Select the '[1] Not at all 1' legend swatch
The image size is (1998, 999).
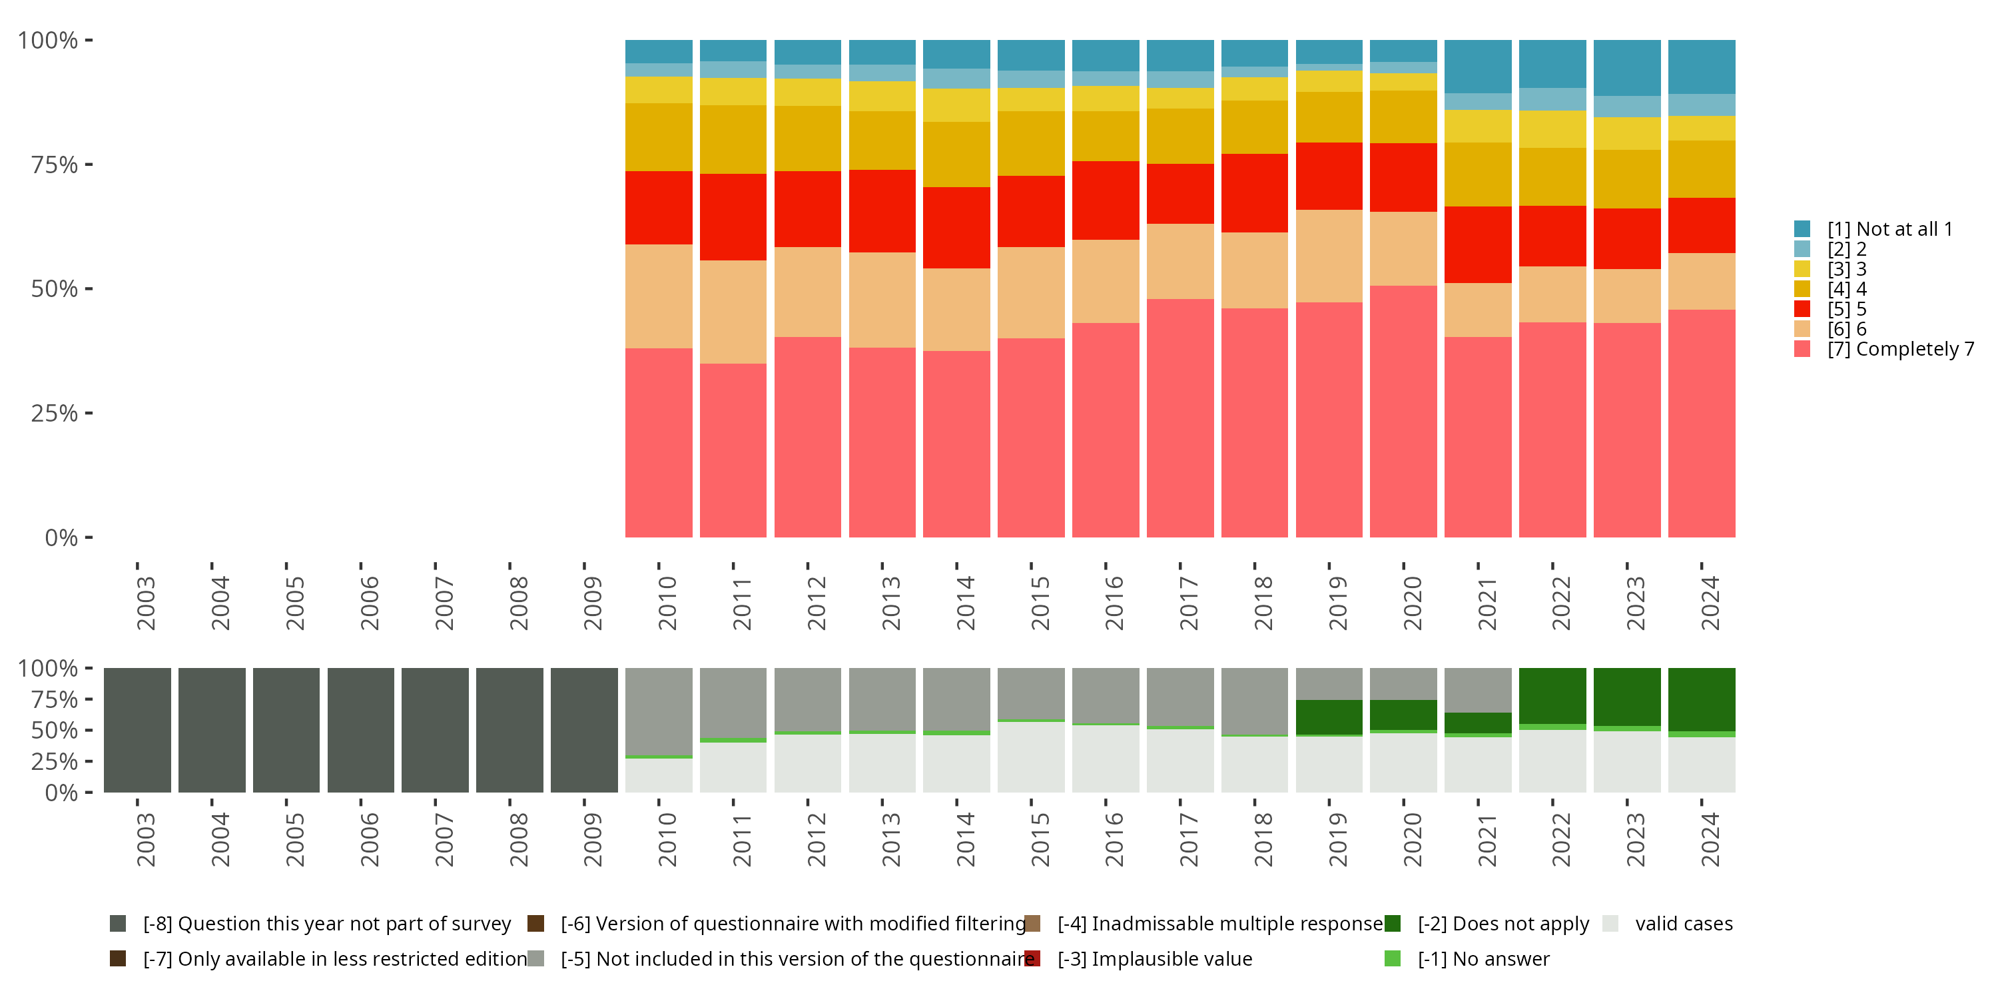coord(1802,229)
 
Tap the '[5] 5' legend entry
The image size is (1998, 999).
coord(1847,309)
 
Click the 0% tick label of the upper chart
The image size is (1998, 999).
coord(61,537)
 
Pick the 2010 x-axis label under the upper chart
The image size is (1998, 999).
coord(667,603)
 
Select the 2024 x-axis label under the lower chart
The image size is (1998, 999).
coord(1710,839)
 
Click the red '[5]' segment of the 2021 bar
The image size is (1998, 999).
coord(1478,244)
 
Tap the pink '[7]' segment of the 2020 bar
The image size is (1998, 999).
coord(1403,411)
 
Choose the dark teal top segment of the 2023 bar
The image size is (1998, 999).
coord(1626,67)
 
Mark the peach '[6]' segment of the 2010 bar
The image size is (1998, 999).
coord(659,296)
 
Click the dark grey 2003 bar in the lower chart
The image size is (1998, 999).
coord(137,730)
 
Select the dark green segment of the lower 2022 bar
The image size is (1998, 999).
coord(1552,696)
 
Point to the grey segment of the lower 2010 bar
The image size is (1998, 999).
coord(659,711)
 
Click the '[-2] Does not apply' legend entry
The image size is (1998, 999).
coord(1503,924)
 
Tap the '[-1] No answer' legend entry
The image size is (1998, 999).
coord(1483,958)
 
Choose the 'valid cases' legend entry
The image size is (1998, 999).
coord(1683,924)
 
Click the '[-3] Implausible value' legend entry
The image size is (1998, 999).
coord(1154,958)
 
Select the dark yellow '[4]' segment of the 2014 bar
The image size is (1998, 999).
coord(956,155)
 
